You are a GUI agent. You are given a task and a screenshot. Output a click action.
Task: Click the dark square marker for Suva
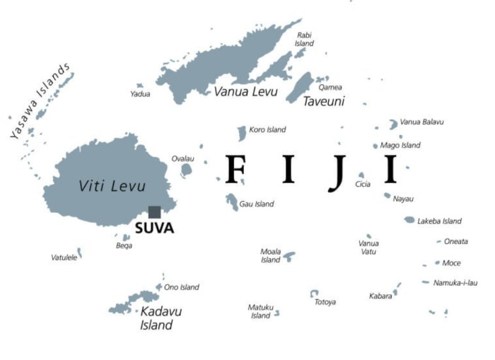[x=154, y=212]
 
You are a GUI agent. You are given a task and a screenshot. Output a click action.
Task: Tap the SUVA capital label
[x=154, y=228]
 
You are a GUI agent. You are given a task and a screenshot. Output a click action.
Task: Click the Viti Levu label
[x=112, y=186]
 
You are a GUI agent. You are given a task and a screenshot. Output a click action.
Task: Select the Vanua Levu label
[x=246, y=92]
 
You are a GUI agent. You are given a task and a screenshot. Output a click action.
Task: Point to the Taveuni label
[x=323, y=102]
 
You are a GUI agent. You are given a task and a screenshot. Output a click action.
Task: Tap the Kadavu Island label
[x=156, y=318]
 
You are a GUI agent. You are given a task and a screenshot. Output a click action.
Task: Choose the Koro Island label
[x=267, y=130]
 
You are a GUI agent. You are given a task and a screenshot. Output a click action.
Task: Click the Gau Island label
[x=257, y=204]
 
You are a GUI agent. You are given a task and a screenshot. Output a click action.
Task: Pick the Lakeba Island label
[x=439, y=221]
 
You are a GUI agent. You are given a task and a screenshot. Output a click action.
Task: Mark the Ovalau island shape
[x=187, y=170]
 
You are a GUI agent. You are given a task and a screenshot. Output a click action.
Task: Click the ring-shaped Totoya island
[x=314, y=293]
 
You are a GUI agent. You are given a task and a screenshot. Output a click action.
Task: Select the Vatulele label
[x=64, y=257]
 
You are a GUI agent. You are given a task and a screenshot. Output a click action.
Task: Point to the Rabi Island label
[x=304, y=39]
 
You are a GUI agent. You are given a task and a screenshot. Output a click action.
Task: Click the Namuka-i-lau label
[x=454, y=283]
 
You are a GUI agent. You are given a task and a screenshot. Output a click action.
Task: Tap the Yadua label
[x=140, y=94]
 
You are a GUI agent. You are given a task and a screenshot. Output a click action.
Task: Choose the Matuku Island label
[x=260, y=311]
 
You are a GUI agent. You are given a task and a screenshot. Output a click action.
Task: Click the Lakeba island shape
[x=409, y=220]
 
